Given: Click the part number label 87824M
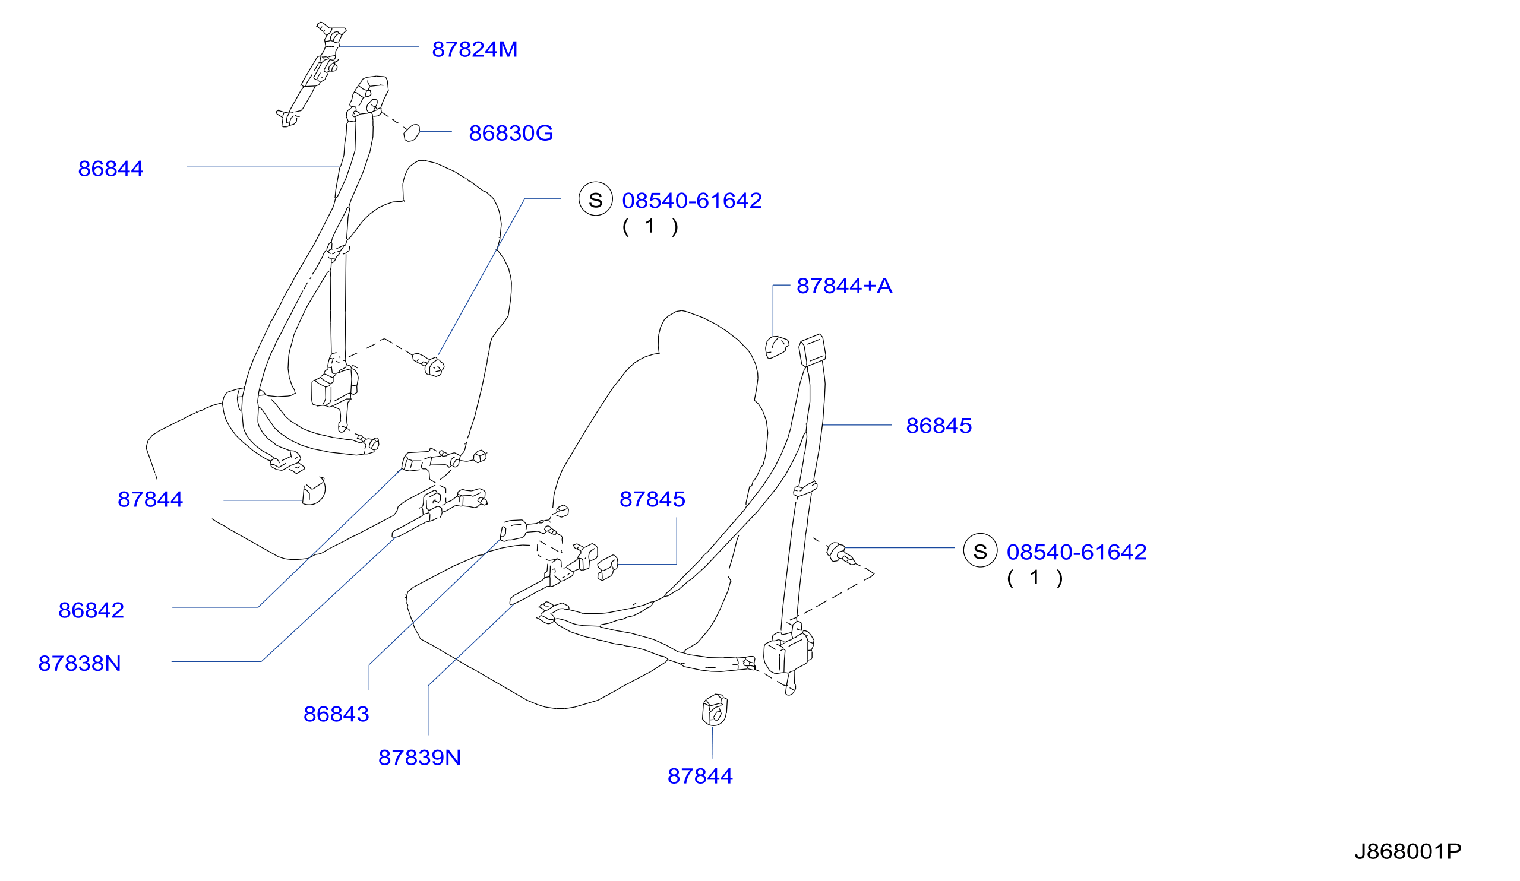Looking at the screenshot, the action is pyautogui.click(x=475, y=49).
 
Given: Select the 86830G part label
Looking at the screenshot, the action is pyautogui.click(x=511, y=133).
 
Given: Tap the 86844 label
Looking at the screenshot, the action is pyautogui.click(x=110, y=169).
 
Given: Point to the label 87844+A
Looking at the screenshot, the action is pyautogui.click(x=845, y=286).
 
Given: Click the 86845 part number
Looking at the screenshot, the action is pyautogui.click(x=938, y=426).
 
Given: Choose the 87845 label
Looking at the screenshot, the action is pyautogui.click(x=652, y=500).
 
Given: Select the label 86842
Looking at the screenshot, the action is pyautogui.click(x=91, y=611).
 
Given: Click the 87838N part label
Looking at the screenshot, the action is pyautogui.click(x=80, y=664).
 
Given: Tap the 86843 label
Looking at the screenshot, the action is pyautogui.click(x=336, y=715).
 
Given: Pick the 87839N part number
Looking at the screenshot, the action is pyautogui.click(x=419, y=758).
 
